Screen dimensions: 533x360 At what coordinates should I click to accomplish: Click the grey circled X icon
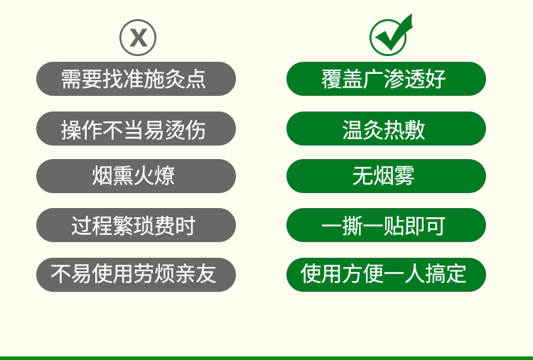138,38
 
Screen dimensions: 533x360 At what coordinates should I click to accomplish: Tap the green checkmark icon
391,36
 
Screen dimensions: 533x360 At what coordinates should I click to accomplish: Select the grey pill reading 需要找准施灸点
136,79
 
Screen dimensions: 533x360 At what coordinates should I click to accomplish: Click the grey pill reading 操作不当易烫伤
136,129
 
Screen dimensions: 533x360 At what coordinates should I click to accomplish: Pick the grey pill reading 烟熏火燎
136,176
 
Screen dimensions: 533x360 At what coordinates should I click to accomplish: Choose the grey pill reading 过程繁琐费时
136,225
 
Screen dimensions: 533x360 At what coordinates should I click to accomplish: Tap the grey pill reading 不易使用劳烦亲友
136,274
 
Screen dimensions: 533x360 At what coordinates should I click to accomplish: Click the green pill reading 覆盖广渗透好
386,79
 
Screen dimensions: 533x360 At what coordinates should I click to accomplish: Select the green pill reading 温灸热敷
386,129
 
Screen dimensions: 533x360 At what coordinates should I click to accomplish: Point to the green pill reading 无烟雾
386,176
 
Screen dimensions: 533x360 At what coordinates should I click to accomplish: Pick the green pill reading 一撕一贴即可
386,225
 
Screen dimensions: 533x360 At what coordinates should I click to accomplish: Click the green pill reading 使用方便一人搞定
386,274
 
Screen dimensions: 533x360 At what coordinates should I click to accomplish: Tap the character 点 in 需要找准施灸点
195,79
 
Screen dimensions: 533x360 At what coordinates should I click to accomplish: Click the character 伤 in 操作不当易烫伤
195,129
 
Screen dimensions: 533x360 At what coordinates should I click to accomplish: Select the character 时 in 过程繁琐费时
185,226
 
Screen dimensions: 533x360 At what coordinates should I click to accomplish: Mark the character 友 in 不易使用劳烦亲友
205,274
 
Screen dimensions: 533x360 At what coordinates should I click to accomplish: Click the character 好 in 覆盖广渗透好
436,79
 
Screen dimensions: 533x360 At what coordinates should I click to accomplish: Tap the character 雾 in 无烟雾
404,176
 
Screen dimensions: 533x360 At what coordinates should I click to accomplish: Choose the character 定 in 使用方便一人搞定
456,274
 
